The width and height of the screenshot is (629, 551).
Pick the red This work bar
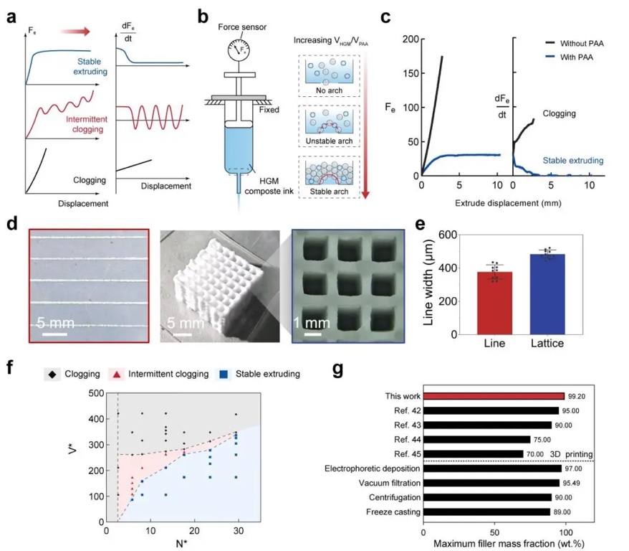pos(494,395)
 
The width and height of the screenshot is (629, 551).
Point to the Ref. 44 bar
pos(476,439)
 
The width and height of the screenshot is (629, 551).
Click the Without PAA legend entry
pos(581,44)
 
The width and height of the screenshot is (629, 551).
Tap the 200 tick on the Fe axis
pos(408,39)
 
